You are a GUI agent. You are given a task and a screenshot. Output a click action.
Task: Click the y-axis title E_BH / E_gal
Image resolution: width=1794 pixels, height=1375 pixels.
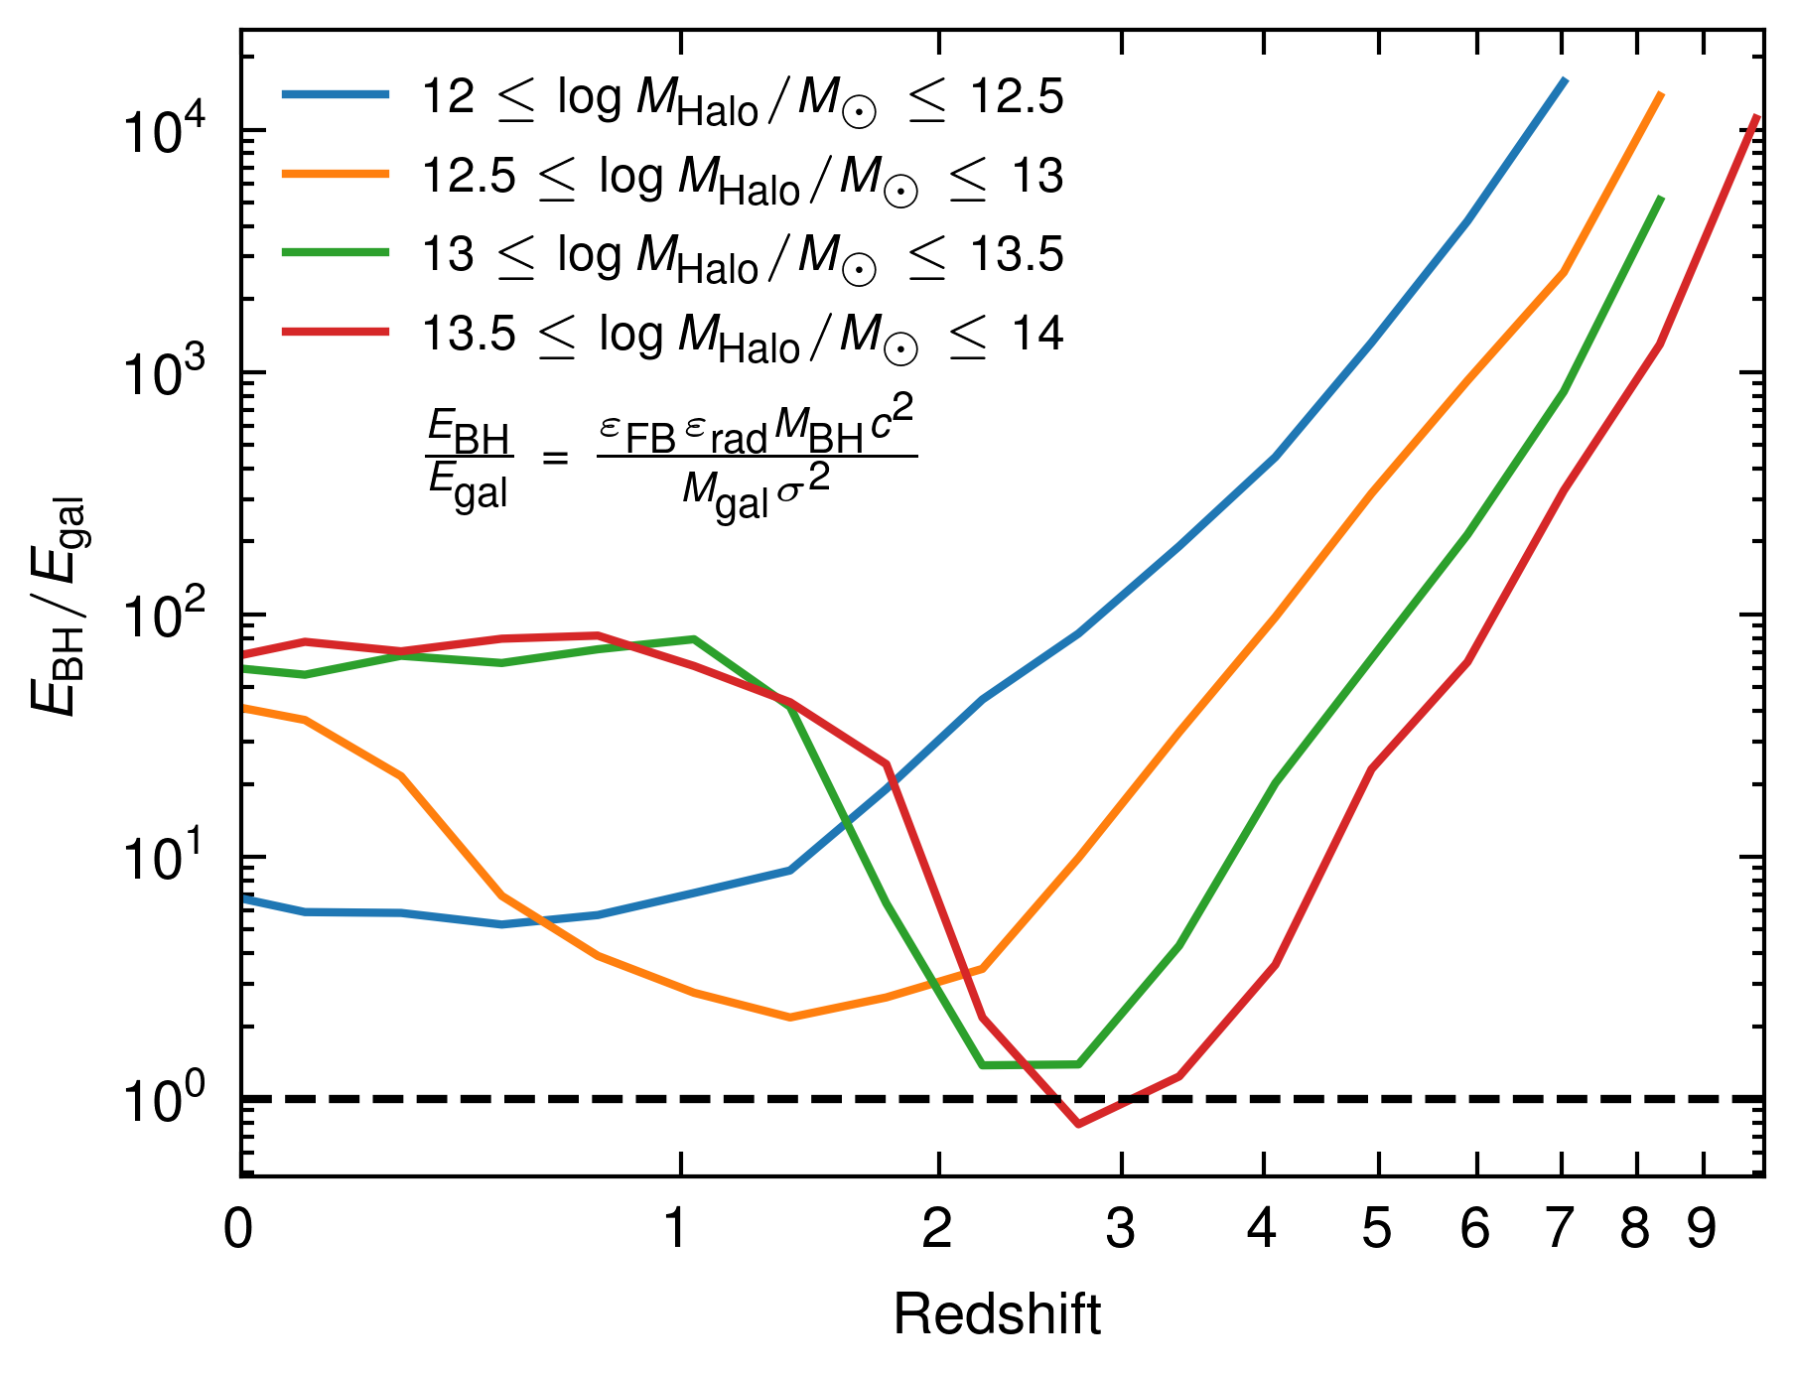tap(58, 607)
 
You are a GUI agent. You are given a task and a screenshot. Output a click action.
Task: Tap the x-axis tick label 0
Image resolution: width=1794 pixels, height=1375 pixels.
tap(238, 1229)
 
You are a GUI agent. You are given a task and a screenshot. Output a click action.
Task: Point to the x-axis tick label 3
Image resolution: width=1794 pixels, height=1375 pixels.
tap(1120, 1229)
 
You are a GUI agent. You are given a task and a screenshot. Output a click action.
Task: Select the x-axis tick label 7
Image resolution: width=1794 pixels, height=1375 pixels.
tap(1560, 1229)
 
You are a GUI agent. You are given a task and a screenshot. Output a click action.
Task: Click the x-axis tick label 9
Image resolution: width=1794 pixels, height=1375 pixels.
tap(1702, 1229)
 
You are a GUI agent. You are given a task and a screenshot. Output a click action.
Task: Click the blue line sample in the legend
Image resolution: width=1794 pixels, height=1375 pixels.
tap(336, 95)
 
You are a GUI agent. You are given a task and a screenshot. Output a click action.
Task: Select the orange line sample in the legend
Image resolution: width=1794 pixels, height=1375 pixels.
tap(336, 174)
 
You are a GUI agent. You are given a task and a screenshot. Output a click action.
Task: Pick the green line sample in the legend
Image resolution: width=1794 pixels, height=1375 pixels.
tap(336, 253)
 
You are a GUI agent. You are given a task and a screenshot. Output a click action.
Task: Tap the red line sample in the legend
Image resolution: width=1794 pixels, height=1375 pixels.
tap(336, 332)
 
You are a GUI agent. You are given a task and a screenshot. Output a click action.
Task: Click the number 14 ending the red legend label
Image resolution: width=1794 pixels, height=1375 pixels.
tap(1037, 334)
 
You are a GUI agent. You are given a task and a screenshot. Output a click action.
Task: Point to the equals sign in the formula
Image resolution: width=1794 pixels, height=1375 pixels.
tap(555, 459)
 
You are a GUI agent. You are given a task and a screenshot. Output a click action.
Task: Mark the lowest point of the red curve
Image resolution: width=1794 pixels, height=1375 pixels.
tap(1078, 1124)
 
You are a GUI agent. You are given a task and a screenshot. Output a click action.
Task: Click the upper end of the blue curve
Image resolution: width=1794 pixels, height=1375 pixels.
tap(1566, 79)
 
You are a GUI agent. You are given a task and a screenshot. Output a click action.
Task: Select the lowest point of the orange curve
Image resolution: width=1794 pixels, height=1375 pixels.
tap(789, 1018)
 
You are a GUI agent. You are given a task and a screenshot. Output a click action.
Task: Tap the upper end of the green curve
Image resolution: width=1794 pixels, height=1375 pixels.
tap(1661, 199)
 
